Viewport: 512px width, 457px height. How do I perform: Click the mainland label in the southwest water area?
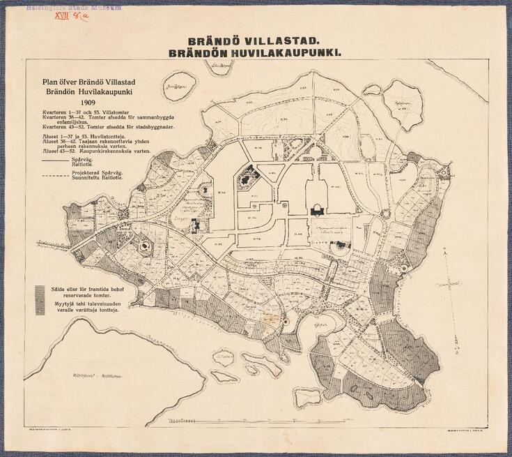93,376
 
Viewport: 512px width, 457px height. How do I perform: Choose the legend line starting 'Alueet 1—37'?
91,138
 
